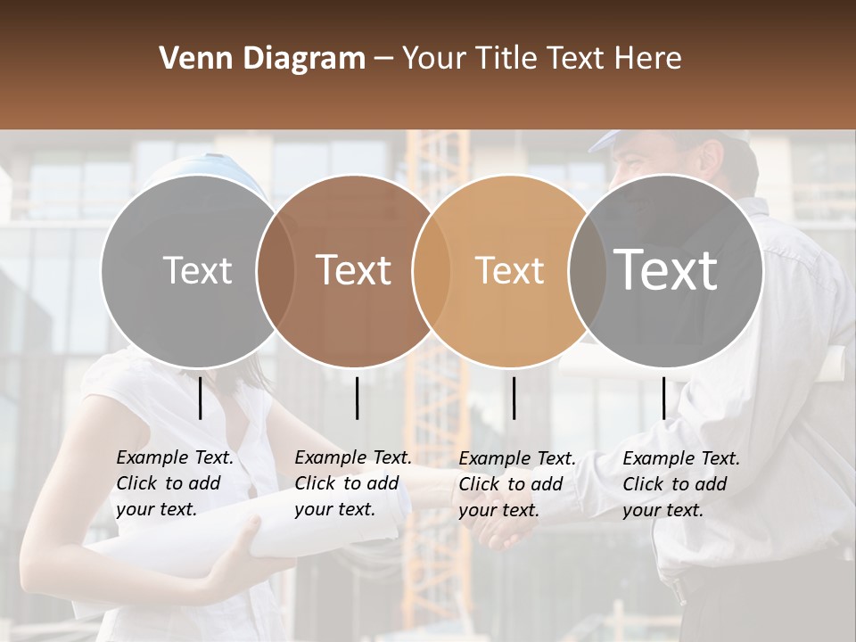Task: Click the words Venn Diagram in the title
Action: coord(262,59)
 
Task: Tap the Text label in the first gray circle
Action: coord(197,270)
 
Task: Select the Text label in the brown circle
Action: coord(353,270)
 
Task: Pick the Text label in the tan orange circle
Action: coord(509,270)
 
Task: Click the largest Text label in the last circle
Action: coord(666,269)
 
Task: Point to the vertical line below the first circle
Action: coord(201,398)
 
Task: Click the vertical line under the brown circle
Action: coord(357,398)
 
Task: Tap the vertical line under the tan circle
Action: coord(514,398)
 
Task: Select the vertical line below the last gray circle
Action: coord(663,398)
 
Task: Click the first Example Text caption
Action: coord(175,483)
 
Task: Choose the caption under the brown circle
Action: coord(353,483)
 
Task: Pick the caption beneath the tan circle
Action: coord(517,484)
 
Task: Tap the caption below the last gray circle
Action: coord(681,484)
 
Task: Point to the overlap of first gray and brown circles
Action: coord(276,271)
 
